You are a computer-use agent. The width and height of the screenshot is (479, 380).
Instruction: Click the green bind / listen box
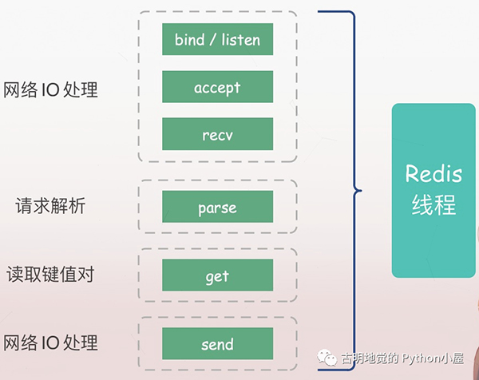point(217,39)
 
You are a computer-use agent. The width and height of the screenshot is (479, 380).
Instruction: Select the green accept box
point(217,87)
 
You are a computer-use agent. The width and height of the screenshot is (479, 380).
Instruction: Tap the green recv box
point(217,134)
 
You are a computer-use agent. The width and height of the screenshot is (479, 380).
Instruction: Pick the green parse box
point(217,207)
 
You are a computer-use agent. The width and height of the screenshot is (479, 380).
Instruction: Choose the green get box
point(217,275)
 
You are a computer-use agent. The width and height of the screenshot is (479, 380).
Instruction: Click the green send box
point(217,343)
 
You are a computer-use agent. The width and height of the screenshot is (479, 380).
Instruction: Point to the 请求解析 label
point(50,207)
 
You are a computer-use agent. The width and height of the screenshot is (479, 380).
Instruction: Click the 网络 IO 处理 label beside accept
point(50,89)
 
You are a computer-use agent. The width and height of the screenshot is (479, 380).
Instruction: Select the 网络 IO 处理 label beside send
point(50,343)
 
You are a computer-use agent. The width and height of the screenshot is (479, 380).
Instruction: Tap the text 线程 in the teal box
point(434,205)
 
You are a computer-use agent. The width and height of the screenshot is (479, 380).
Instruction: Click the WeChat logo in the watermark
point(327,359)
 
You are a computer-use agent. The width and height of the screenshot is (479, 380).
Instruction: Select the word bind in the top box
point(189,39)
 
